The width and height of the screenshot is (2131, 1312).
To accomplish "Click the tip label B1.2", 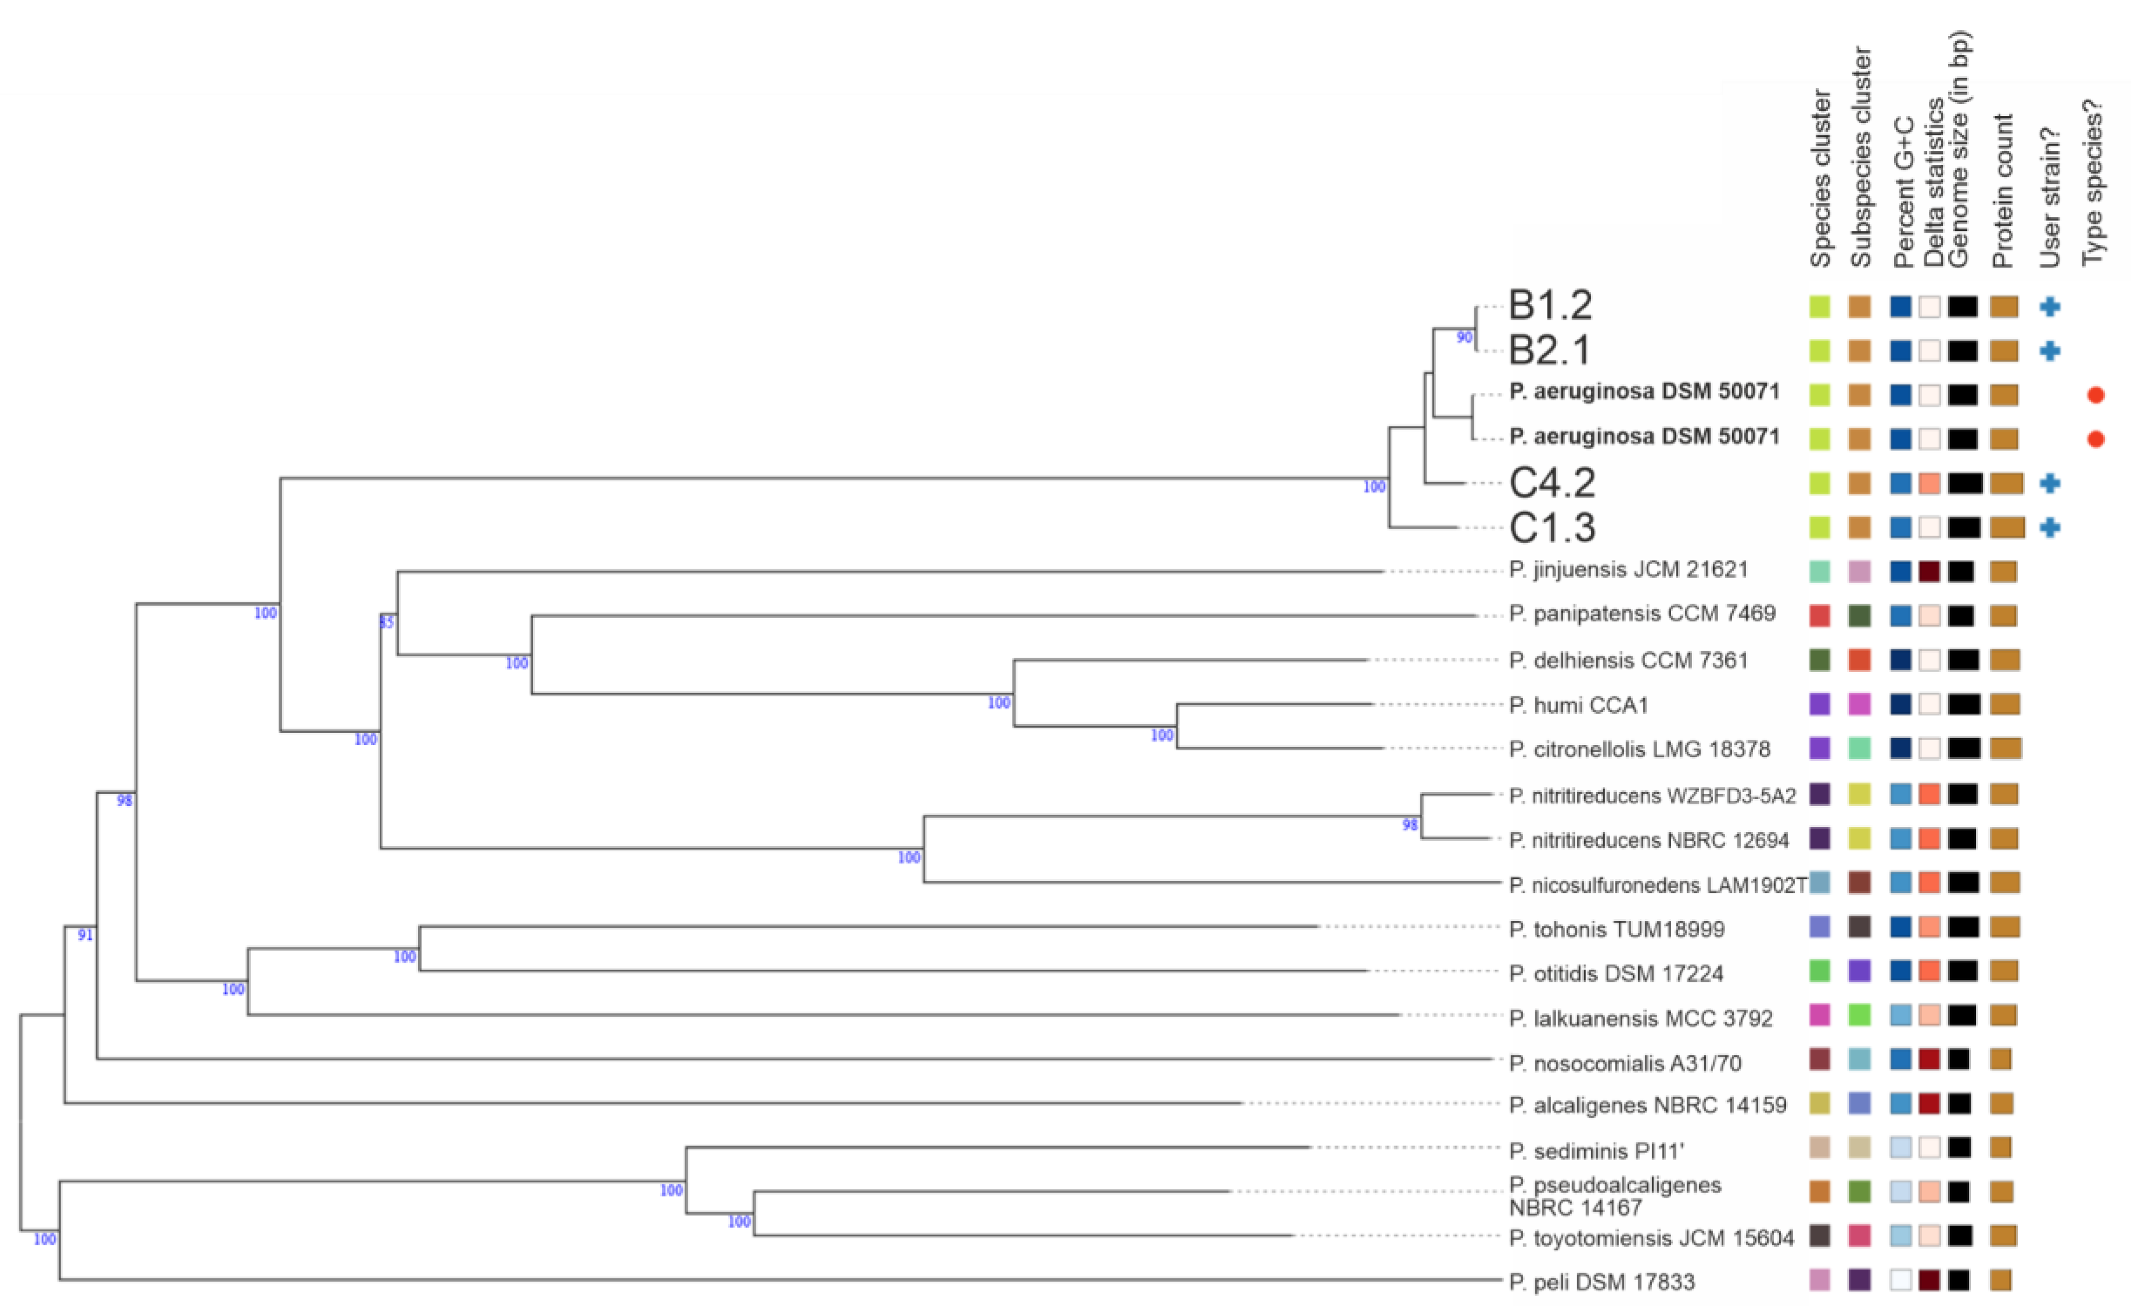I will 1550,305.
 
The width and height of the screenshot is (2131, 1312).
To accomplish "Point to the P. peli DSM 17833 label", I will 1601,1282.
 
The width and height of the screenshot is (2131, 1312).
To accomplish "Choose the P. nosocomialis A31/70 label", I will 1625,1063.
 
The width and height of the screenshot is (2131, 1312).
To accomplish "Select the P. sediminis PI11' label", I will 1596,1151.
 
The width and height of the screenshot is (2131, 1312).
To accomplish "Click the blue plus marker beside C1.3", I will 2049,527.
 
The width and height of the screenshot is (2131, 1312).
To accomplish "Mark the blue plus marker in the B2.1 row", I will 2049,350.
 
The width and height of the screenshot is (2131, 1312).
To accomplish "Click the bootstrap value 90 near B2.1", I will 1464,338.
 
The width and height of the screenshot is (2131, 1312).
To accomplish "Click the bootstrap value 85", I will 386,622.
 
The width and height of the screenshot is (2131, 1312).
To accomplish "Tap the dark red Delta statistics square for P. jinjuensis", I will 1930,571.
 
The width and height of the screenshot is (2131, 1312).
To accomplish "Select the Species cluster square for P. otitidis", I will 1819,970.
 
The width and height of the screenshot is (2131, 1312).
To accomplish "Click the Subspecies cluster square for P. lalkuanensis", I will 1859,1014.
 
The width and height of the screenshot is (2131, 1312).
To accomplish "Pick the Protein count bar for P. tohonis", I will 2004,927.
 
